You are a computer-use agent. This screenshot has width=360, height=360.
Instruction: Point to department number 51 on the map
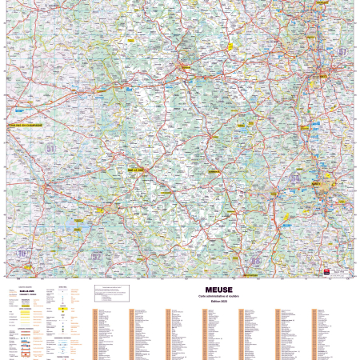pyautogui.click(x=51, y=149)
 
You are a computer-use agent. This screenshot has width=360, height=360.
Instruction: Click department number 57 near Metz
pyautogui.click(x=343, y=52)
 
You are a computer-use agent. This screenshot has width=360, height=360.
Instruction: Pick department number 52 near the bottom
pyautogui.click(x=97, y=257)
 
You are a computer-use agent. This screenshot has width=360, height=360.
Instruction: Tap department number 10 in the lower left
pyautogui.click(x=22, y=254)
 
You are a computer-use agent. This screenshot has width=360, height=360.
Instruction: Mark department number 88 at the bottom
pyautogui.click(x=256, y=261)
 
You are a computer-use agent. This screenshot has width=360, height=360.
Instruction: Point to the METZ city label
pyautogui.click(x=324, y=76)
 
